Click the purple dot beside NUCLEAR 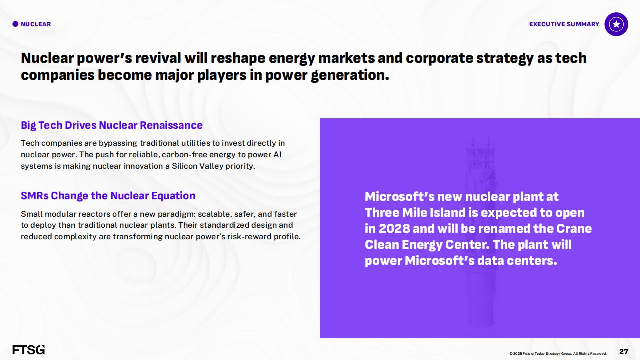coord(15,24)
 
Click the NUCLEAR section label coord(36,24)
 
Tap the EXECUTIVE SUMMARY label coord(564,24)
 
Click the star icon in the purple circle coord(616,24)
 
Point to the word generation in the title coord(350,76)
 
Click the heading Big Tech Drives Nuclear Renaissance coord(112,125)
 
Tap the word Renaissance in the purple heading coord(171,125)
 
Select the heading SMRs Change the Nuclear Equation coord(108,196)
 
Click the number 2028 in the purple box coord(395,229)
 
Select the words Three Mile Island coord(415,213)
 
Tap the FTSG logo coord(29,350)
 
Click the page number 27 coord(623,351)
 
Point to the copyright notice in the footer coord(558,353)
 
